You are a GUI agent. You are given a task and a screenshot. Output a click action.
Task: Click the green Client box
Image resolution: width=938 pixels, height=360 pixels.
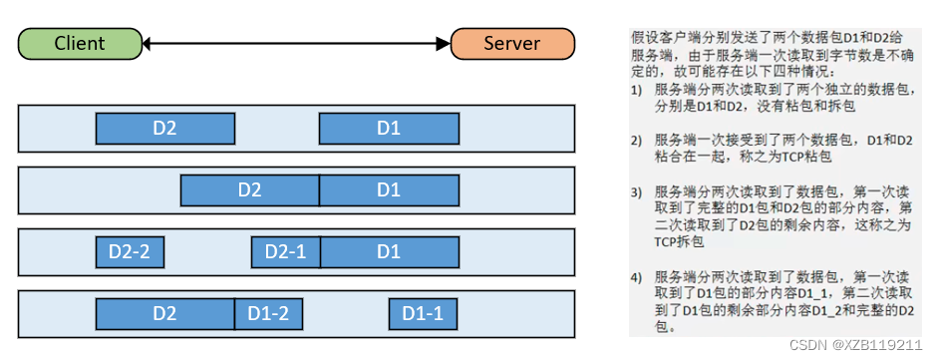coord(80,43)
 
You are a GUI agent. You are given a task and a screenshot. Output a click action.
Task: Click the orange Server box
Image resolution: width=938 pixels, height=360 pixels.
coord(512,43)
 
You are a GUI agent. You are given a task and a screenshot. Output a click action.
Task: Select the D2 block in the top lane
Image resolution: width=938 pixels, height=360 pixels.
coord(164,129)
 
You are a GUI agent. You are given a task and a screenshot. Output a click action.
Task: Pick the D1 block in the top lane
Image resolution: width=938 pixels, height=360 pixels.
coord(389,129)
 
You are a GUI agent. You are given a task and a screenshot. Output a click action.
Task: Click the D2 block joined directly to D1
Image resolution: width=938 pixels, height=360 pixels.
coord(249,189)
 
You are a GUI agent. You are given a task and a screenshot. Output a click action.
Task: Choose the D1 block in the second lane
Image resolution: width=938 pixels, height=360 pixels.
coord(389,189)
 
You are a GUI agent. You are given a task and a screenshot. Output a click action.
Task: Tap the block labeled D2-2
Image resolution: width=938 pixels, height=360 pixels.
coord(130,251)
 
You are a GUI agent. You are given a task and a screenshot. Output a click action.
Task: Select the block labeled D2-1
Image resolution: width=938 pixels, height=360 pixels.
coord(285,251)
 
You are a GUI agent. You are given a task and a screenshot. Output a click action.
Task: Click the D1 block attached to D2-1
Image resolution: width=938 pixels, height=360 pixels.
coord(389,251)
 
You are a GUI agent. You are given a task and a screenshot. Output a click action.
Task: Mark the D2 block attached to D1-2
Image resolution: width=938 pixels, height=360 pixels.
coord(164,313)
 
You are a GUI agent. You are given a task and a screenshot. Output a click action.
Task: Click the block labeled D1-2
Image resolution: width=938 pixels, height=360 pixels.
coord(268,313)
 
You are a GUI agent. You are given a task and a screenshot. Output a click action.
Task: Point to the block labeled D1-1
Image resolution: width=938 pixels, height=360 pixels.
coord(423,313)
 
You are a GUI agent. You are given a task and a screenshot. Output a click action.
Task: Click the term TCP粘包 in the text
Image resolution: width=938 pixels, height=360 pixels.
coord(804,157)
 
